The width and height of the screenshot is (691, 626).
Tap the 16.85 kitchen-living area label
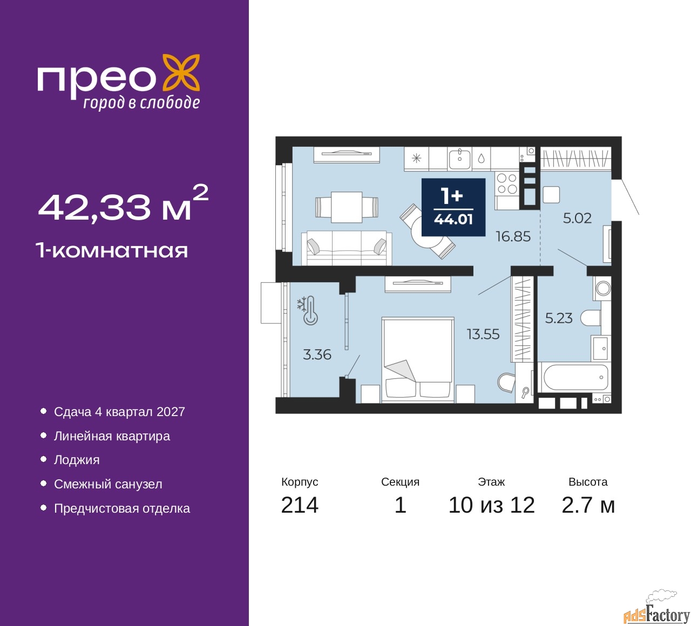pyautogui.click(x=513, y=236)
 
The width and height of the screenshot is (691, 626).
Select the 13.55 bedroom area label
pyautogui.click(x=483, y=334)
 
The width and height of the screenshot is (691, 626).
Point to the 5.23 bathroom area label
pyautogui.click(x=559, y=318)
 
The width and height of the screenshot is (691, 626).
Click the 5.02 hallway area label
pyautogui.click(x=577, y=218)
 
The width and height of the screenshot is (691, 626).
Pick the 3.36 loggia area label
pyautogui.click(x=317, y=355)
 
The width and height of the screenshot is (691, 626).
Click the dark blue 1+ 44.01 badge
pyautogui.click(x=453, y=207)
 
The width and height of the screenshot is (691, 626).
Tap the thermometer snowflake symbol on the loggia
pyautogui.click(x=307, y=310)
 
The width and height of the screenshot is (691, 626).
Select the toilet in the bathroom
pyautogui.click(x=591, y=317)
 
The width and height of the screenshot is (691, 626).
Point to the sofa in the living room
pyautogui.click(x=347, y=248)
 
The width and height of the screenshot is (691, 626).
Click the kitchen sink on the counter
pyautogui.click(x=459, y=159)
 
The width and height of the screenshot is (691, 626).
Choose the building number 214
pyautogui.click(x=300, y=505)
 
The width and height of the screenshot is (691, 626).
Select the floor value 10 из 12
pyautogui.click(x=491, y=505)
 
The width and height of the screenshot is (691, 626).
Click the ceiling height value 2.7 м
pyautogui.click(x=588, y=505)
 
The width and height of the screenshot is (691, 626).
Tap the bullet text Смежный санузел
pyautogui.click(x=108, y=484)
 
